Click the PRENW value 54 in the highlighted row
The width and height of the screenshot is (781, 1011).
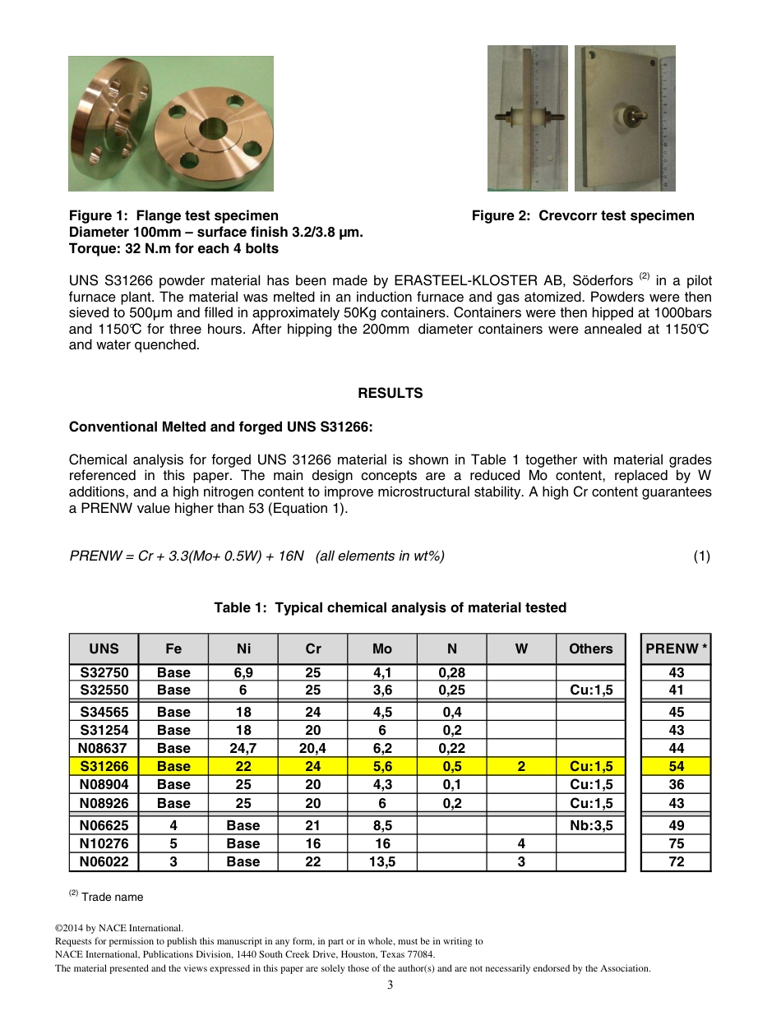(x=676, y=766)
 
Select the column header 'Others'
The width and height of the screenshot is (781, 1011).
(x=590, y=649)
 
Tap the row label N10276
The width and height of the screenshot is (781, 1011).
(x=104, y=843)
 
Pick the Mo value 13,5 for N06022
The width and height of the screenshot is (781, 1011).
(x=382, y=861)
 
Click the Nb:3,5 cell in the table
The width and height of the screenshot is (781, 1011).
(x=590, y=825)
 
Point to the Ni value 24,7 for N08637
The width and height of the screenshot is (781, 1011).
(x=243, y=748)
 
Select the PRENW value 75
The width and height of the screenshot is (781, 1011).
(x=676, y=843)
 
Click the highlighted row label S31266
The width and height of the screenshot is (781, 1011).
(x=104, y=766)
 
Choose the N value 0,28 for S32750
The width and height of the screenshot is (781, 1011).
(x=451, y=672)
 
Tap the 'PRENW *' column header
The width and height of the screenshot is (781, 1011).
(x=676, y=649)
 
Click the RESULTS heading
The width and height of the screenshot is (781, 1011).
(x=390, y=393)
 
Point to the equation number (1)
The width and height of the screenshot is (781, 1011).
(x=701, y=556)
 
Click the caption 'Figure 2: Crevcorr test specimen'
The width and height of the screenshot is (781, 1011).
(x=583, y=215)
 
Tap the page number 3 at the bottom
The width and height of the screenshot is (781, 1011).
(x=390, y=985)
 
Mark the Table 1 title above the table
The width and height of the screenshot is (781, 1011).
(x=390, y=607)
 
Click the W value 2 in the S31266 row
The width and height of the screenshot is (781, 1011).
(x=521, y=766)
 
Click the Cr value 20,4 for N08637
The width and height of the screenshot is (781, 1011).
(x=312, y=748)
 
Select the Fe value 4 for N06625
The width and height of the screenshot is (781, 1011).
(x=173, y=825)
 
